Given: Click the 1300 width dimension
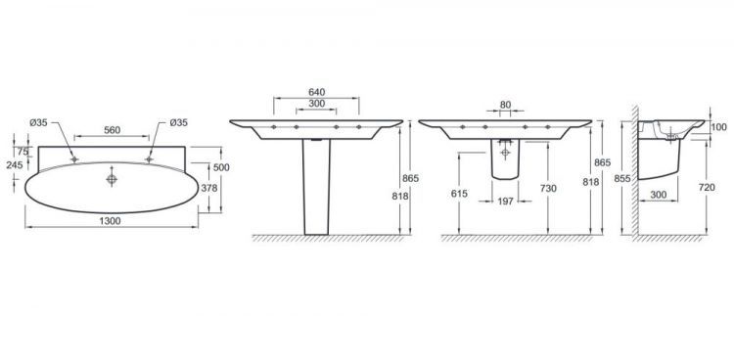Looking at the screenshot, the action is click(x=110, y=221).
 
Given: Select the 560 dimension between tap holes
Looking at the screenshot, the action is click(x=113, y=130).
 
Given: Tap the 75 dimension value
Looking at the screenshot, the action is click(x=23, y=152).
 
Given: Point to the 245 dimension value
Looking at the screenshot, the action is click(x=15, y=164).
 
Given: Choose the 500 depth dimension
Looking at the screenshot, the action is click(x=221, y=167).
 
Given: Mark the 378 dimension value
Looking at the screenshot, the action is click(x=209, y=188).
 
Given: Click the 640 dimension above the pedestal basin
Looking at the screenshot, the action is click(x=317, y=92).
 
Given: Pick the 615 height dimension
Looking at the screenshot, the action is click(x=459, y=194).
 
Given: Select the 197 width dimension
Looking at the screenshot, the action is click(x=506, y=202).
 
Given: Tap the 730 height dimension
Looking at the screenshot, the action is click(x=548, y=188).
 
